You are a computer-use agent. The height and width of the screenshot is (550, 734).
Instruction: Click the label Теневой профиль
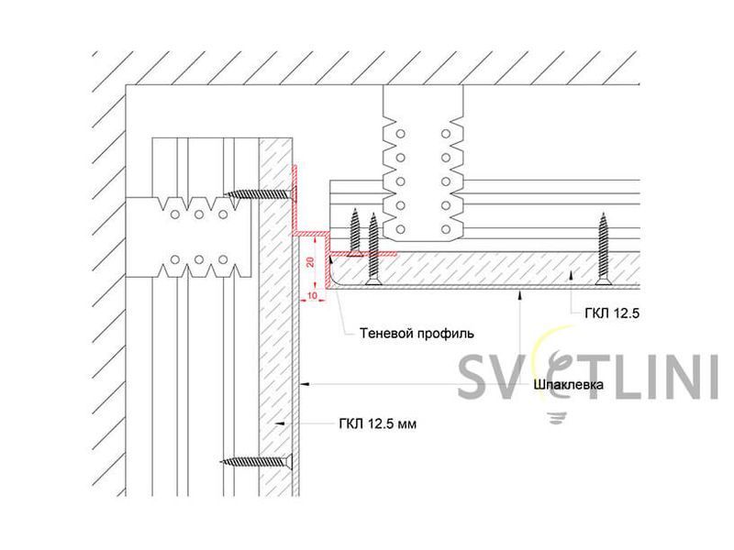coord(417,334)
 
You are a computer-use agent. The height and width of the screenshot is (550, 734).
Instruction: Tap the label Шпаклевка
coord(568,385)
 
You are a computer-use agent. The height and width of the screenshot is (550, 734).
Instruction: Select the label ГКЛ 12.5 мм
coord(378,424)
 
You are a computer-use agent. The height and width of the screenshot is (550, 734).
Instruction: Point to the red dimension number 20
coord(310,262)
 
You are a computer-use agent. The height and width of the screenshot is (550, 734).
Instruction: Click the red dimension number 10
coord(312,295)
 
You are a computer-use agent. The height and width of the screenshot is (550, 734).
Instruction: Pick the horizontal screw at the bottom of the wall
coord(257,462)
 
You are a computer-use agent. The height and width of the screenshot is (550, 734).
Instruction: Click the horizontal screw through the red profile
coord(261,193)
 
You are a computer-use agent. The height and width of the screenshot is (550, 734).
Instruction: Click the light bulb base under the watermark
coord(557,417)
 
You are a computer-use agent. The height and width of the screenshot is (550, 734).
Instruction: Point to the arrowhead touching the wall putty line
coord(305,384)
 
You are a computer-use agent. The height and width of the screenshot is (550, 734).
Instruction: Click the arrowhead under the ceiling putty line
coord(519,293)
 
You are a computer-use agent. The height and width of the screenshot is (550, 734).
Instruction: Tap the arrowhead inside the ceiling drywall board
coord(570,275)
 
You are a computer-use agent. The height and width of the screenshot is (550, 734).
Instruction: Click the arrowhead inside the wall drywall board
coord(280,423)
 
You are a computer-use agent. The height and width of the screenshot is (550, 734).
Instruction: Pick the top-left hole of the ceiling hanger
coord(400,134)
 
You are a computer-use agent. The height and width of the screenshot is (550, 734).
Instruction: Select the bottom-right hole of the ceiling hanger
coord(446,230)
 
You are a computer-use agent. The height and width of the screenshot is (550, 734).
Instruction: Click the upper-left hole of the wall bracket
coord(175,214)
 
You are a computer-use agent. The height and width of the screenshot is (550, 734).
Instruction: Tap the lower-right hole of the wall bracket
coord(223,259)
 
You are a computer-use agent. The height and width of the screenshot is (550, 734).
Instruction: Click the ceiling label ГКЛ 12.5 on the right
coord(612,313)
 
